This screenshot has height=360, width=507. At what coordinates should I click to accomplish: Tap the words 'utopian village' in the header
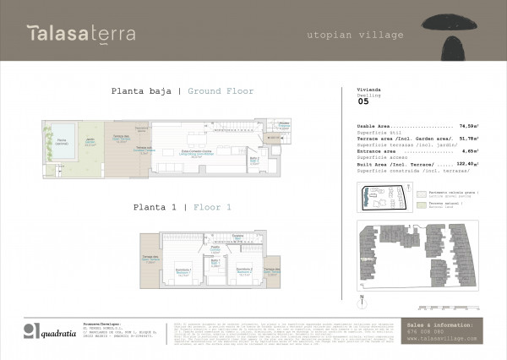(x=354, y=35)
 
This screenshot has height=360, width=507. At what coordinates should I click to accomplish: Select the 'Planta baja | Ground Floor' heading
(x=183, y=91)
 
